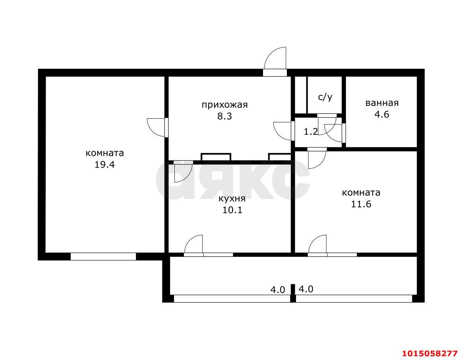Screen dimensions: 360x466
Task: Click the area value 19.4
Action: (x=104, y=165)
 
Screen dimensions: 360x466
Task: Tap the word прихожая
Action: (x=225, y=105)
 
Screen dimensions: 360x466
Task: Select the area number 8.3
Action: (x=225, y=116)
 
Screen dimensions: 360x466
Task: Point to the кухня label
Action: (x=232, y=199)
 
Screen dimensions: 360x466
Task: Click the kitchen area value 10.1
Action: (x=232, y=210)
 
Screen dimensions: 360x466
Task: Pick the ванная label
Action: (x=382, y=103)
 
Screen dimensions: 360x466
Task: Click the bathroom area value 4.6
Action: (x=382, y=114)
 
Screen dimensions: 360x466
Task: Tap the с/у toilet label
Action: (x=325, y=97)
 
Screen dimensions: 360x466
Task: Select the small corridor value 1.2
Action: (x=311, y=132)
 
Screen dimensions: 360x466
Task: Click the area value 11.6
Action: (x=361, y=204)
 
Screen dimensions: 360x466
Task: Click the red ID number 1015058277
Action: (x=430, y=353)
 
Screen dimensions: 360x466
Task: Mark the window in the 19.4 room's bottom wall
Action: (x=103, y=256)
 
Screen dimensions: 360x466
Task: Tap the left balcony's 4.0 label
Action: (x=277, y=290)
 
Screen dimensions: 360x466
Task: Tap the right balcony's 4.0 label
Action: (x=306, y=289)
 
